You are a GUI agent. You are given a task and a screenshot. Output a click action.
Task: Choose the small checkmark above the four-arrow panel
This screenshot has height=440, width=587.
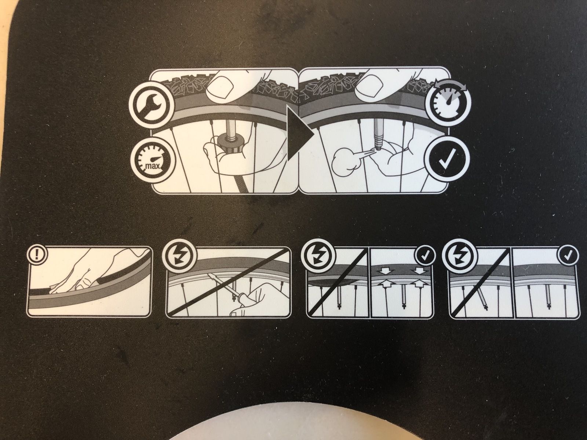(x=425, y=256)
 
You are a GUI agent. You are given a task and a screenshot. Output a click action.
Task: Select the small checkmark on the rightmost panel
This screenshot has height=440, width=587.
(x=567, y=256)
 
